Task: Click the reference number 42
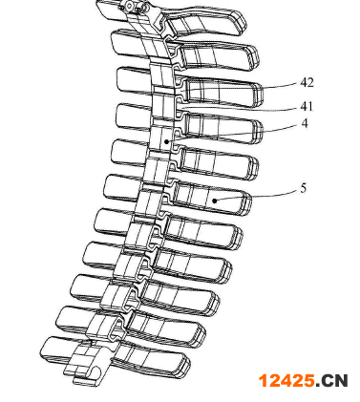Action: tap(307, 83)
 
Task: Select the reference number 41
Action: tap(307, 107)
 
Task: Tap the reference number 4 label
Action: tap(305, 123)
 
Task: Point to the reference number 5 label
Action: tap(304, 188)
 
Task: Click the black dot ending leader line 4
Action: tap(166, 141)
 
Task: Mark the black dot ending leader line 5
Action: tap(215, 201)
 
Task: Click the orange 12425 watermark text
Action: tap(286, 381)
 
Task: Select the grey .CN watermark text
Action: tap(331, 381)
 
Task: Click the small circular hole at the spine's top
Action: tap(129, 6)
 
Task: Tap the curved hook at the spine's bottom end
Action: tap(95, 375)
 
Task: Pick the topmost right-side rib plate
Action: tap(203, 22)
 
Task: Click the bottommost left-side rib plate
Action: tap(59, 350)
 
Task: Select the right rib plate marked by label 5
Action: tap(210, 198)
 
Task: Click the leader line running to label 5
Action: tap(258, 196)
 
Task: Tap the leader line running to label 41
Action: tap(239, 110)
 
